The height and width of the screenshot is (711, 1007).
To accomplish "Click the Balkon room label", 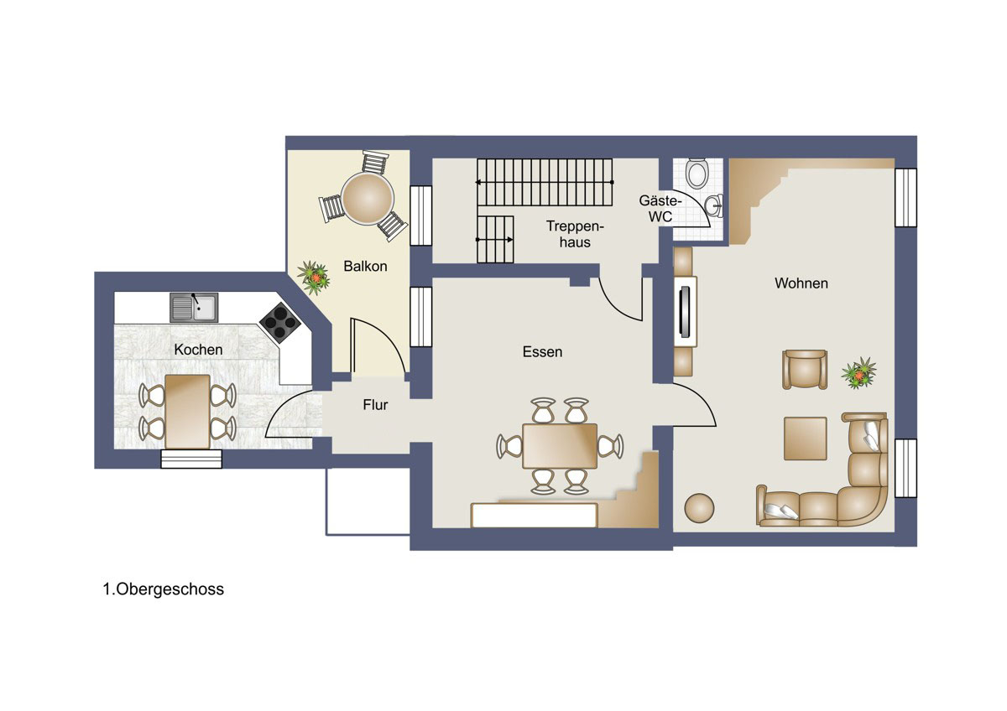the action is (x=365, y=267).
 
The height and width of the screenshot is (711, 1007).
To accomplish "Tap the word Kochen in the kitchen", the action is (x=198, y=350).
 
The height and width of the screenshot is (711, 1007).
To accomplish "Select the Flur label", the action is (x=375, y=405).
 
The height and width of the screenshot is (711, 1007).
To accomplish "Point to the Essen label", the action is (x=542, y=351).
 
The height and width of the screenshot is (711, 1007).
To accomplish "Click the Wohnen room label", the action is (x=801, y=283).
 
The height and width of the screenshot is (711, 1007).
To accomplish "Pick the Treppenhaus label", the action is (x=575, y=234).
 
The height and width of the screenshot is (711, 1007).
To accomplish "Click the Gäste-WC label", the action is (x=660, y=209).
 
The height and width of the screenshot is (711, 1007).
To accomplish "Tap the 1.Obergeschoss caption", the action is (x=163, y=589).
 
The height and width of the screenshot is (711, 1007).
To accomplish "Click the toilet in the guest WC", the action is (x=697, y=174).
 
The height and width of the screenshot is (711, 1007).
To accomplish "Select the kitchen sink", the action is (x=194, y=308).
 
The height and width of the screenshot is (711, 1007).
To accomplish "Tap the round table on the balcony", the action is (x=368, y=199).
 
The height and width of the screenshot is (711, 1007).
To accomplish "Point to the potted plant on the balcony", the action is (x=314, y=278).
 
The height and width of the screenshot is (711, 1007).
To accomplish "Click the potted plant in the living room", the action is (x=858, y=373).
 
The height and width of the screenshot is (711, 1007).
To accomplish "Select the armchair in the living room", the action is (x=805, y=369).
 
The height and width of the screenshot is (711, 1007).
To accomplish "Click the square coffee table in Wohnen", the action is (x=805, y=439).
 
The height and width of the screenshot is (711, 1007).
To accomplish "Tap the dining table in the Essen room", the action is (x=560, y=446).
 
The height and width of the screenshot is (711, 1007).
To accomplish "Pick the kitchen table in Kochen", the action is (x=187, y=412).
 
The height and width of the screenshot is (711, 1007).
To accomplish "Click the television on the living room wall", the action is (x=684, y=311).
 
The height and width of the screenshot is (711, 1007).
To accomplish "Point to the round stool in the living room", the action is (x=699, y=508).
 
